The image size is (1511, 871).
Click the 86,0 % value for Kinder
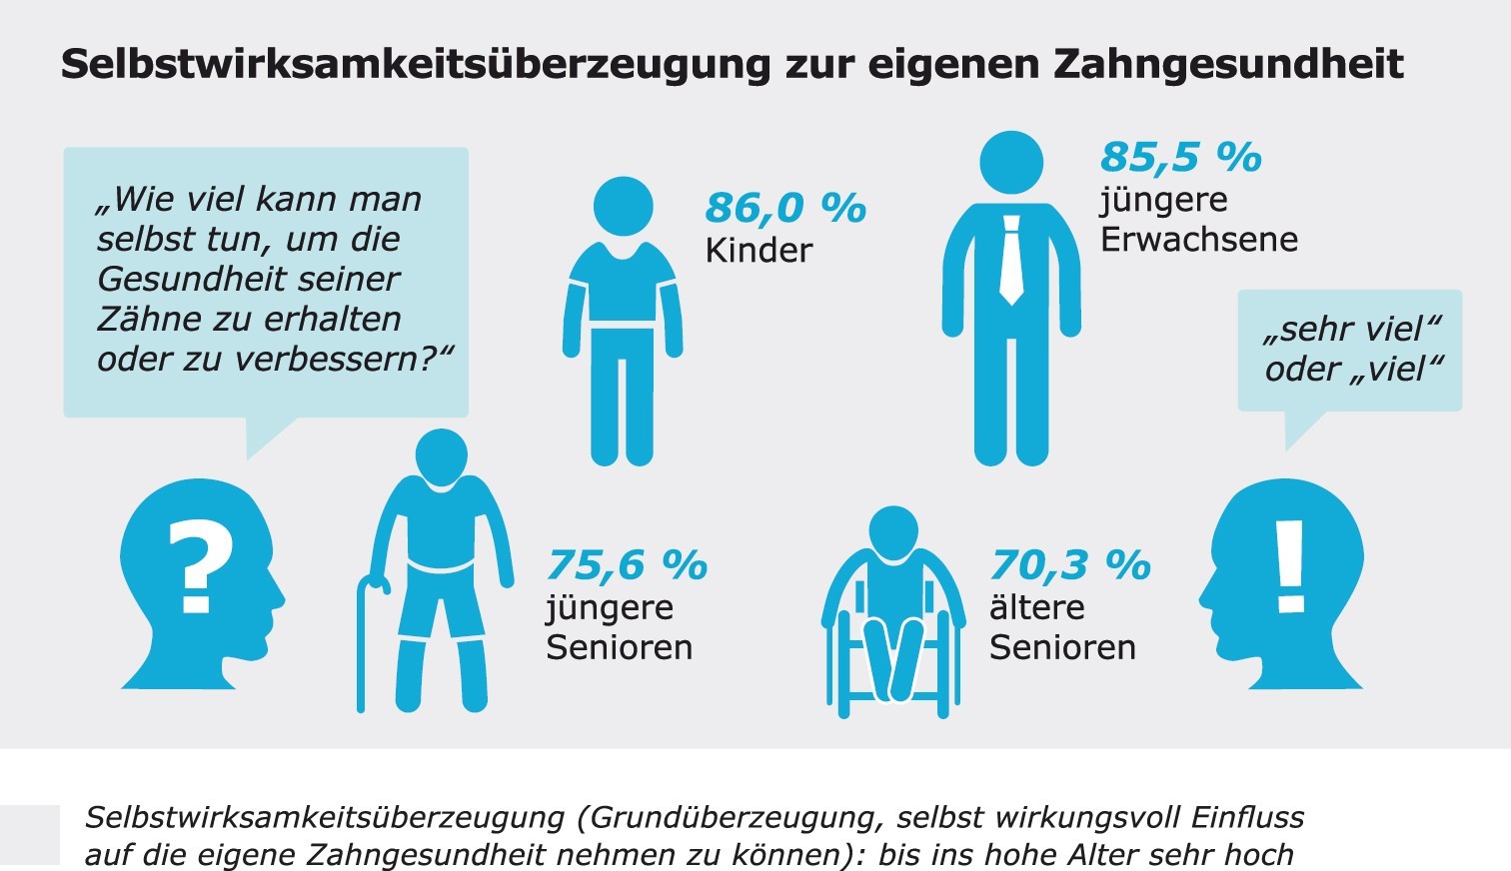click(785, 208)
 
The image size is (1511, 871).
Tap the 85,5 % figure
click(1180, 157)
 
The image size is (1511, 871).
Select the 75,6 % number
click(627, 565)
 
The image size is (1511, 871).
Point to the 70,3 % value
click(1070, 565)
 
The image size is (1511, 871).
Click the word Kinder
click(758, 250)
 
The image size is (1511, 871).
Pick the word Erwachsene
click(1199, 240)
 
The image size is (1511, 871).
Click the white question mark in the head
click(200, 565)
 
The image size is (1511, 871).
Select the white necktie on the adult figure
click(1011, 260)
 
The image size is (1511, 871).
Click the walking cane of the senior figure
click(364, 639)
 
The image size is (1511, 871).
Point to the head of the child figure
click(623, 207)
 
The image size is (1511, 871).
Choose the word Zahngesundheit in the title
click(1228, 64)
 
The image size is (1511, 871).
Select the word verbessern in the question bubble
click(340, 359)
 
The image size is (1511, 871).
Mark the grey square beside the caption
click(30, 834)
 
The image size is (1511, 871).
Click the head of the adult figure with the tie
click(1011, 162)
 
